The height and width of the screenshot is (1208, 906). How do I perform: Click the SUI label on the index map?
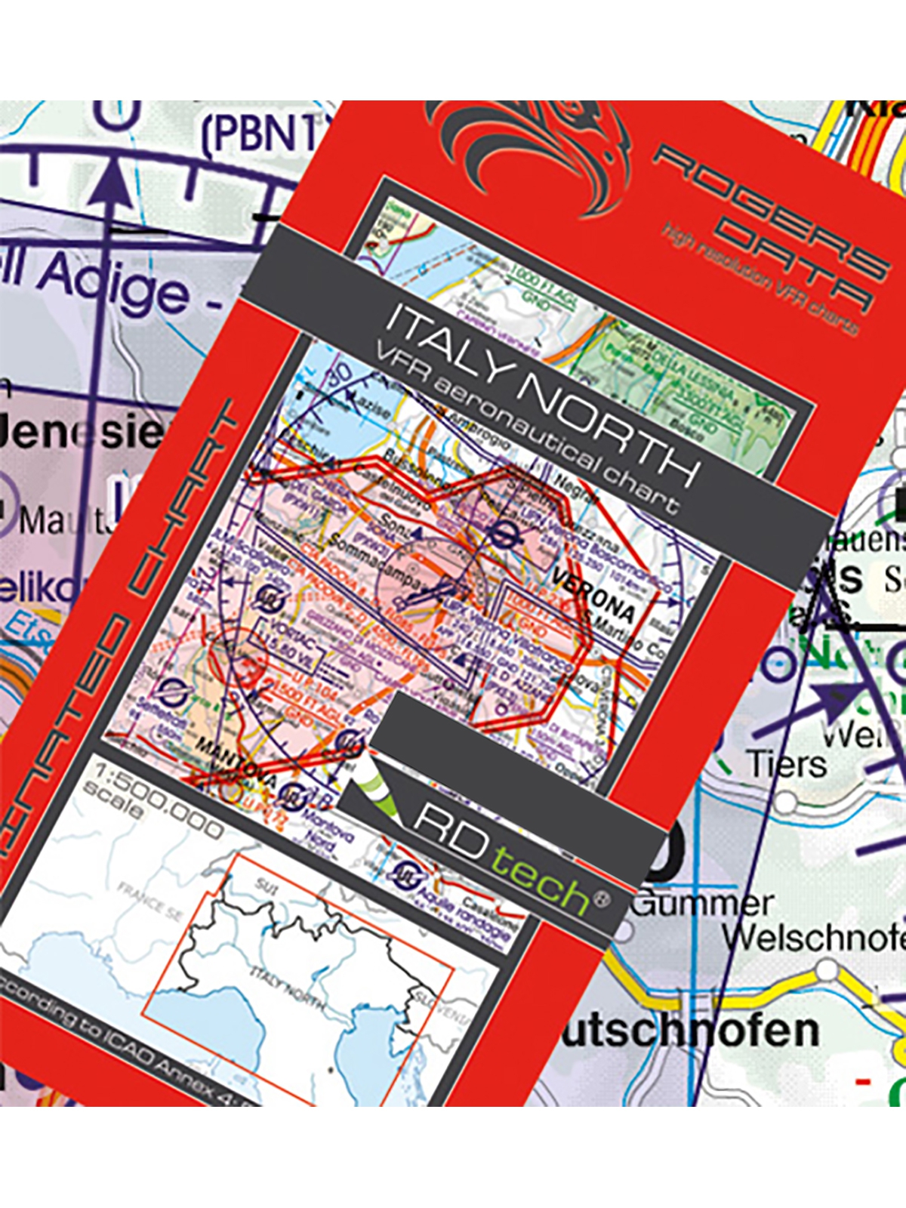pos(266,885)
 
